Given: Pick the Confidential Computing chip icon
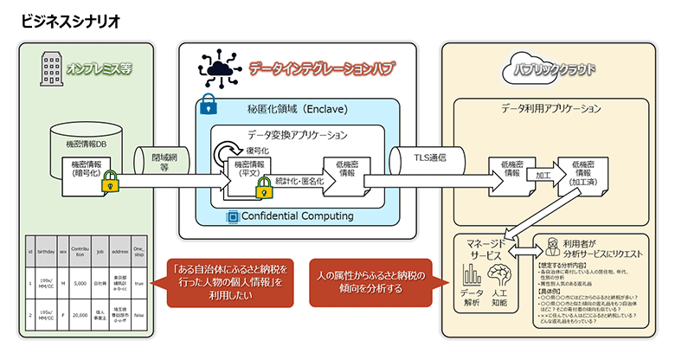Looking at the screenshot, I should (x=231, y=215).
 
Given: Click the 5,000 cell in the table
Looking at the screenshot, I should (x=79, y=283).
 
